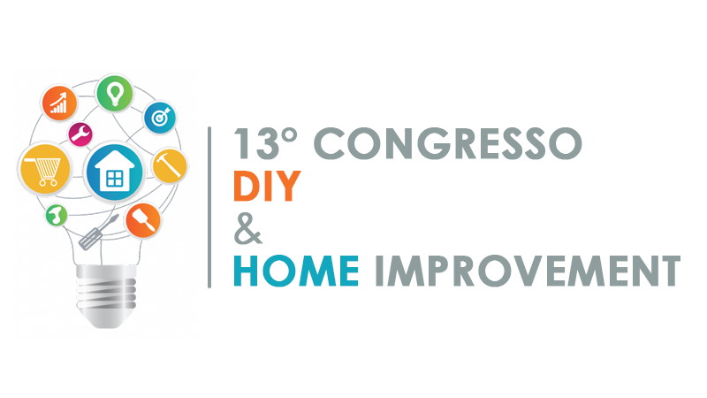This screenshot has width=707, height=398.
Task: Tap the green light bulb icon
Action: (115, 91)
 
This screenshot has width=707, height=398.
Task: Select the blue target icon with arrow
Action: (160, 116)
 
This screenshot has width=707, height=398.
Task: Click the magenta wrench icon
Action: (81, 134)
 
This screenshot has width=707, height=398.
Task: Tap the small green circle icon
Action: (57, 215)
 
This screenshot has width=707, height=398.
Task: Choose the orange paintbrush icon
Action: (143, 220)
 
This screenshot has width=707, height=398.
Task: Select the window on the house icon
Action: (115, 179)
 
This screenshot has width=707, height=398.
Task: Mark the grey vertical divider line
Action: (209, 207)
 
